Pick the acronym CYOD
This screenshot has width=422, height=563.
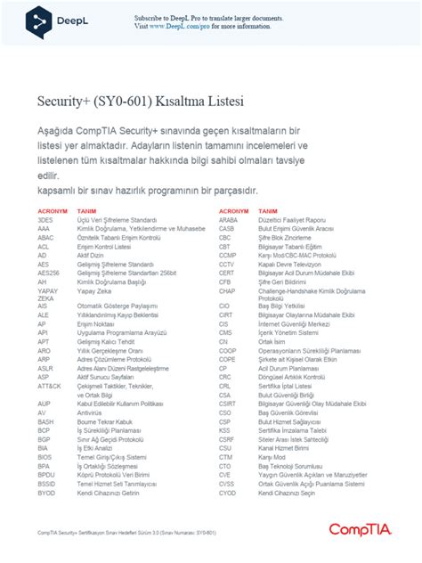tap(228, 493)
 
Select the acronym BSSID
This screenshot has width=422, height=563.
tap(47, 484)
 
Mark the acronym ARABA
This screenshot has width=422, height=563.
tap(229, 219)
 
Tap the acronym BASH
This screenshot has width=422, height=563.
tap(46, 421)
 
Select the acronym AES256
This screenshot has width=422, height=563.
tap(49, 272)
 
